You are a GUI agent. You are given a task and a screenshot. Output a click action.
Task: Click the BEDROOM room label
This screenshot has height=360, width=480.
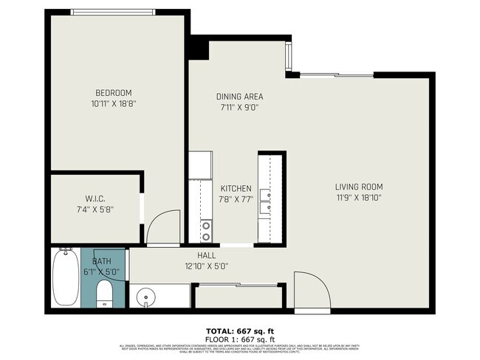point(113,93)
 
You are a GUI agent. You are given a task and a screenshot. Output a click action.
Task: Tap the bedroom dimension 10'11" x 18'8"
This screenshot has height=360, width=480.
point(113,104)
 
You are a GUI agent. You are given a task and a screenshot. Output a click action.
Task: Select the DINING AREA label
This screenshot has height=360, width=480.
point(239,97)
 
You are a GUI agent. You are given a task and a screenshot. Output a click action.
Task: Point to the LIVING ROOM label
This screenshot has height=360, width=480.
point(358,187)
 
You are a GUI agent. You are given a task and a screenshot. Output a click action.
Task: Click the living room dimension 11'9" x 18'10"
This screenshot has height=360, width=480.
point(358,198)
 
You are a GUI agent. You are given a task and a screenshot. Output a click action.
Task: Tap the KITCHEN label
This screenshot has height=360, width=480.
point(235,189)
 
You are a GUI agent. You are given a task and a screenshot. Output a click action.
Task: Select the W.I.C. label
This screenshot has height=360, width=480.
point(94,198)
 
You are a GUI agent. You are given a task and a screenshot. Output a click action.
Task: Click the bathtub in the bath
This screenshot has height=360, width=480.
point(66,279)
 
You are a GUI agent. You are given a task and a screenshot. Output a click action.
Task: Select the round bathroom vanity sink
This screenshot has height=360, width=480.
point(147,299)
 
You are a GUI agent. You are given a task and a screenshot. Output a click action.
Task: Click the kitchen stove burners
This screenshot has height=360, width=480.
point(207,231)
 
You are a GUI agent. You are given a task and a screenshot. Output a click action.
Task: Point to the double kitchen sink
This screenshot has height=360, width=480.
point(264,201)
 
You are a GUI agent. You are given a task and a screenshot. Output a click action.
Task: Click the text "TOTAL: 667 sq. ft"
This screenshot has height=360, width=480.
point(239,330)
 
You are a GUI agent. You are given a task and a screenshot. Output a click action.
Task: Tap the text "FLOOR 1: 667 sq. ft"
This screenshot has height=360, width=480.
point(239,339)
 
